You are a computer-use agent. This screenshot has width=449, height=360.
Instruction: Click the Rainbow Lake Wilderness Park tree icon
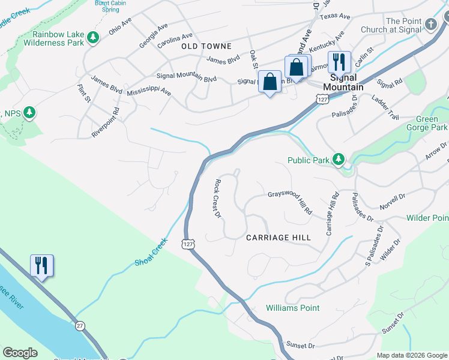[92, 38]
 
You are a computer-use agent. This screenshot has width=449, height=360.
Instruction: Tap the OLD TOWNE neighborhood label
[206, 46]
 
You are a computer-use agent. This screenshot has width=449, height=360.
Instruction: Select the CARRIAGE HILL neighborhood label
[279, 238]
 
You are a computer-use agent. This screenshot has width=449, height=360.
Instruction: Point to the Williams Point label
[293, 308]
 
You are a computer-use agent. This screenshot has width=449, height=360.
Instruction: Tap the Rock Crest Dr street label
[218, 199]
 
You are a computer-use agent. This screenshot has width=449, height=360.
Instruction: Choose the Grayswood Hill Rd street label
[290, 202]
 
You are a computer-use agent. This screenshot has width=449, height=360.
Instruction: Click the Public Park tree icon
[339, 160]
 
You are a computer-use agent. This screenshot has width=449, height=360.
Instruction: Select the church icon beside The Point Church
[431, 24]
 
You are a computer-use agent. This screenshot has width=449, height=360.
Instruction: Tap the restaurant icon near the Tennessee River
[41, 265]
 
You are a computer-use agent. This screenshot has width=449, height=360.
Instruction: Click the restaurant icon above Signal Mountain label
[339, 61]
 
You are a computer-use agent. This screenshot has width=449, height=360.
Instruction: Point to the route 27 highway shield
[80, 325]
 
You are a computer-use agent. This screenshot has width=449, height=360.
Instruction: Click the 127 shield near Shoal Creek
[188, 244]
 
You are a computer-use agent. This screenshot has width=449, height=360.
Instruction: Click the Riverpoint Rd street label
[106, 123]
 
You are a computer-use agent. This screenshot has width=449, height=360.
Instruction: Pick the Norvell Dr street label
[393, 197]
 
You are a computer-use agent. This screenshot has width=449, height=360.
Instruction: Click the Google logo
[20, 353]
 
